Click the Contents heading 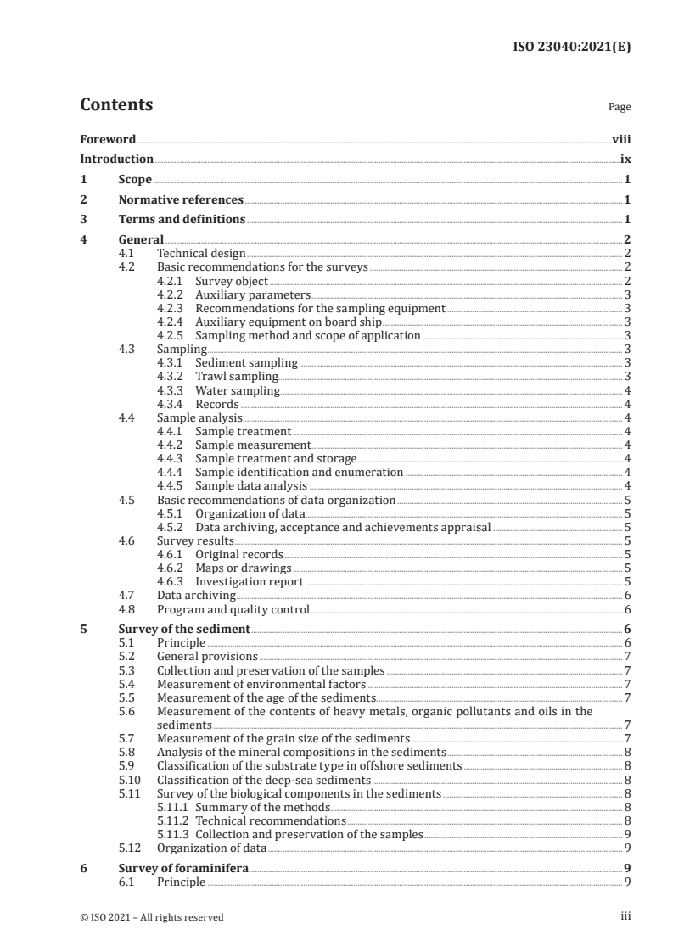tap(116, 105)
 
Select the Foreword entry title tap(108, 139)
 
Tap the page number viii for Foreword tap(621, 139)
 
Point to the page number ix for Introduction tap(625, 160)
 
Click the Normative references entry tap(181, 200)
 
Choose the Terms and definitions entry tap(182, 221)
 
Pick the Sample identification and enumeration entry tap(299, 472)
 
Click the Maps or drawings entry tap(244, 568)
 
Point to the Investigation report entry tap(250, 581)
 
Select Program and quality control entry tap(233, 609)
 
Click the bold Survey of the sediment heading tap(183, 630)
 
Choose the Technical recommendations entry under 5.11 tap(271, 820)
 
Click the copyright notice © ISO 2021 tap(152, 916)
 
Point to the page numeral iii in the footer tap(625, 916)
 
